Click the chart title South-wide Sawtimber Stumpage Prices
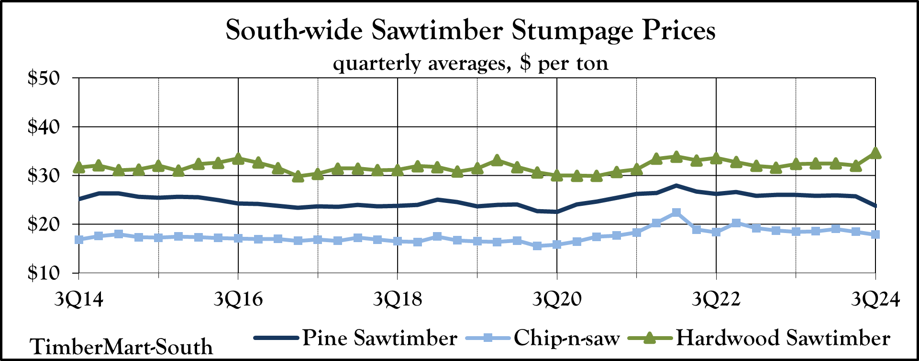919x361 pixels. pos(470,31)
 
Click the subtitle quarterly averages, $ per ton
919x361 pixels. pos(470,63)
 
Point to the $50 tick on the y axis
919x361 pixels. pos(43,78)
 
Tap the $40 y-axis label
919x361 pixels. pos(43,127)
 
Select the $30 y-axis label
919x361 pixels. pos(43,176)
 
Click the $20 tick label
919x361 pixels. pos(43,224)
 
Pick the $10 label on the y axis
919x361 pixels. pos(43,273)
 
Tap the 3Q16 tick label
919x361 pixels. pos(238,299)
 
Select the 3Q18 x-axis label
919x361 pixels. pos(398,299)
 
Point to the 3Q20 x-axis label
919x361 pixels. pos(557,299)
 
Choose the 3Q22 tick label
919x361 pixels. pos(716,299)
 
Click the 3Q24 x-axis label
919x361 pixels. pos(875,299)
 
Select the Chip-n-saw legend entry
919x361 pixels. pos(566,338)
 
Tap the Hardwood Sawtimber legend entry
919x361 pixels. pos(783,338)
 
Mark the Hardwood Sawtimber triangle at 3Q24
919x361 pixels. pos(875,153)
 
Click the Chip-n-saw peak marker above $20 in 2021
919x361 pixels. pos(676,212)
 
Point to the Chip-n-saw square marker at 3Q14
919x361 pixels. pos(79,239)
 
